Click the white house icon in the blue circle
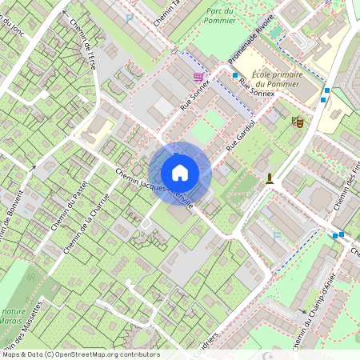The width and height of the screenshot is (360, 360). tap(180, 172)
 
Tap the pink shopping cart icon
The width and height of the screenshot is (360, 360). tap(198, 77)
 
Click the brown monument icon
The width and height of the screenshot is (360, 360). tap(270, 178)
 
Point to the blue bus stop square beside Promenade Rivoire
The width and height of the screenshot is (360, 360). tap(235, 75)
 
